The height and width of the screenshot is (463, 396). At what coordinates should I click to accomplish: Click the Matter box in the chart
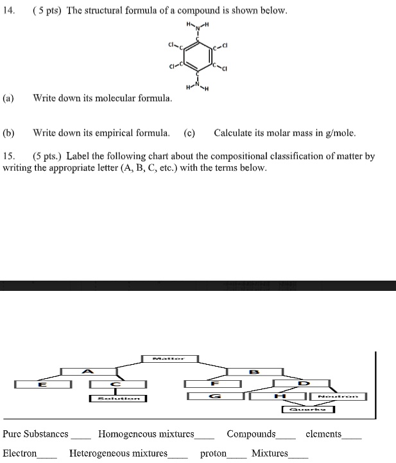[169, 358]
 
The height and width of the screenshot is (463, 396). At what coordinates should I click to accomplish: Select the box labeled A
[89, 371]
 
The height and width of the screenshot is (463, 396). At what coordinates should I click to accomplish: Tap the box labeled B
[254, 371]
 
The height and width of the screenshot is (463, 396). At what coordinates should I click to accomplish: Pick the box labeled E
[42, 384]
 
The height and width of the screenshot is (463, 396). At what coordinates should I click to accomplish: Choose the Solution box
[117, 398]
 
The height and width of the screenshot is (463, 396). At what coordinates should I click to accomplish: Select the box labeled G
[215, 396]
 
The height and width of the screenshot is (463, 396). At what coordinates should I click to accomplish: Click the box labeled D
[302, 384]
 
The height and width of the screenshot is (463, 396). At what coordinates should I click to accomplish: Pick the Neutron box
[338, 396]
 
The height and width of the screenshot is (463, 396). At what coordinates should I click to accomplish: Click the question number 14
[8, 12]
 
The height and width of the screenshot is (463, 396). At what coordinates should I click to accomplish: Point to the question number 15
[8, 156]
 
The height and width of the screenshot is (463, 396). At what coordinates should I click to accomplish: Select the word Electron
[20, 453]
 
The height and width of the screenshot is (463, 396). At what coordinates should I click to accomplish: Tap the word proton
[213, 453]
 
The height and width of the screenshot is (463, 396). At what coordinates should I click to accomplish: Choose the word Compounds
[251, 434]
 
